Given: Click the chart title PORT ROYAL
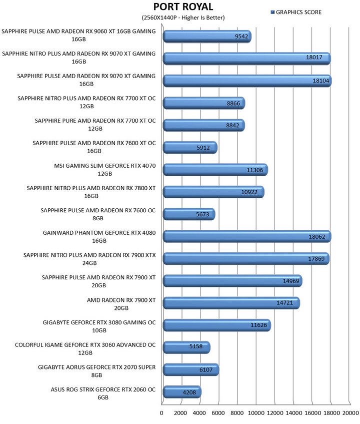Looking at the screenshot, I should (x=183, y=7).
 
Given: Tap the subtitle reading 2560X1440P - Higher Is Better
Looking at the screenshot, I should (x=183, y=18).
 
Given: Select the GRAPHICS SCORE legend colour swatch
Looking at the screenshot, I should (x=272, y=12).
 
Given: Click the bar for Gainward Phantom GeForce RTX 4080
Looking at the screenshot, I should (x=247, y=236).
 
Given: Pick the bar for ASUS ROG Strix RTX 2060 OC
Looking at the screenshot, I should (x=182, y=392).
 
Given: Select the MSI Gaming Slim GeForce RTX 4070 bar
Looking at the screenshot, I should (x=215, y=170).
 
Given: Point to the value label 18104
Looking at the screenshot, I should (x=318, y=81).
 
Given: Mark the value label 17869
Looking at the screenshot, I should (x=316, y=259).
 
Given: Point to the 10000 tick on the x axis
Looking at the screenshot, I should (x=256, y=413).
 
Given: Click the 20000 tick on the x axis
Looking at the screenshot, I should (x=350, y=413).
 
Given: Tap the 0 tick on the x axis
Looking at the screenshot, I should (x=162, y=413).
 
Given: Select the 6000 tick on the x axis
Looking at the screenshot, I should (x=218, y=413).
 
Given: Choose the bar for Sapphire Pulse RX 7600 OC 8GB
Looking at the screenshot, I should (x=188, y=214).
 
